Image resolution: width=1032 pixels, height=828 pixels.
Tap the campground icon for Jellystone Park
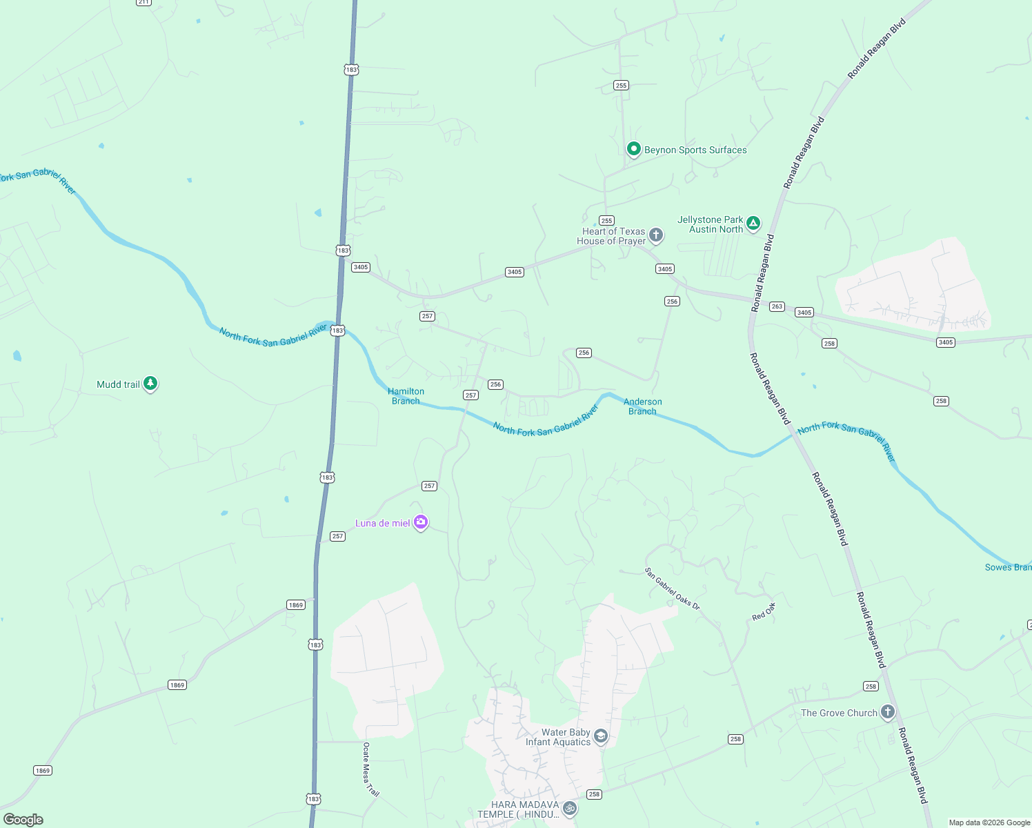click(753, 223)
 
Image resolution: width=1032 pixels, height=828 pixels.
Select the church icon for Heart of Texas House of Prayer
click(656, 235)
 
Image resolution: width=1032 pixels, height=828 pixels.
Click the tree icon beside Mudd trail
click(150, 384)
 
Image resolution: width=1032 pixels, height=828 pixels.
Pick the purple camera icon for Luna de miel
click(421, 522)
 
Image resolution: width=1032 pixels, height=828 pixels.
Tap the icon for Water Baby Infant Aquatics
click(601, 737)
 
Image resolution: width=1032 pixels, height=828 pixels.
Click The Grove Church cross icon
click(888, 711)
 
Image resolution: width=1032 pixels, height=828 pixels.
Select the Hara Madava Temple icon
click(569, 808)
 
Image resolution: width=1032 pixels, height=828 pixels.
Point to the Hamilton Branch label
click(406, 396)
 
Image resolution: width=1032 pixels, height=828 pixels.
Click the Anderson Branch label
click(642, 406)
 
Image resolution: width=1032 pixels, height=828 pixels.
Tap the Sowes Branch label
click(1008, 567)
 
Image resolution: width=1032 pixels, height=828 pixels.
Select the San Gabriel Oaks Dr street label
click(672, 589)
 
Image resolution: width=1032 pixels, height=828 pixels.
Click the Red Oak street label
click(764, 611)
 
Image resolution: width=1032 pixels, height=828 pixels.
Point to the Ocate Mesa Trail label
click(370, 769)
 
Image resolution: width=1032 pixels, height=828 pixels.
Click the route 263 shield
click(777, 306)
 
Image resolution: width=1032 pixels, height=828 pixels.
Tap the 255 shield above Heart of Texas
click(606, 221)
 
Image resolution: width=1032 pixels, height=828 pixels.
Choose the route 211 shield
click(143, 2)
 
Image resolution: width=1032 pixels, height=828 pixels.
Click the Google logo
click(23, 820)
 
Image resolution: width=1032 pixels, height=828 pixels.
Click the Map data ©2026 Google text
click(989, 822)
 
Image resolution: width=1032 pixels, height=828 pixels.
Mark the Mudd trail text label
click(118, 384)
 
